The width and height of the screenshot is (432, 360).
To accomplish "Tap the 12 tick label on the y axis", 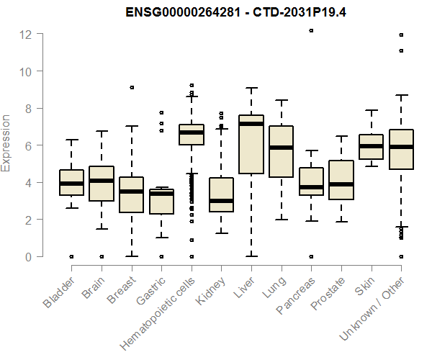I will pyautogui.click(x=25, y=35).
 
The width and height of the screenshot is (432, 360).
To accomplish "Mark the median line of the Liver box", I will pyautogui.click(x=251, y=124).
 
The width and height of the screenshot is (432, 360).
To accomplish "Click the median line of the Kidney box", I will pyautogui.click(x=221, y=201).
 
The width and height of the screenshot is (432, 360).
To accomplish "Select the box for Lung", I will pyautogui.click(x=281, y=151).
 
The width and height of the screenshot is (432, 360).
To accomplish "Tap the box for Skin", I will pyautogui.click(x=371, y=146).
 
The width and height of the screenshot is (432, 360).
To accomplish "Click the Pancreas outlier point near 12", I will pyautogui.click(x=311, y=31).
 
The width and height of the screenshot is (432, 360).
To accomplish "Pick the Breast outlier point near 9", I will pyautogui.click(x=131, y=87).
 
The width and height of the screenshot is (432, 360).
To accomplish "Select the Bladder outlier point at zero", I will pyautogui.click(x=71, y=256).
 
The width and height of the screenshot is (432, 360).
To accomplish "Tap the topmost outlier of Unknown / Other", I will pyautogui.click(x=401, y=35).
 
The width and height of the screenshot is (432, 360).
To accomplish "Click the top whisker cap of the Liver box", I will pyautogui.click(x=251, y=88).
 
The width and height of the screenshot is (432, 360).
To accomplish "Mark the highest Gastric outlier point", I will pyautogui.click(x=161, y=112).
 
